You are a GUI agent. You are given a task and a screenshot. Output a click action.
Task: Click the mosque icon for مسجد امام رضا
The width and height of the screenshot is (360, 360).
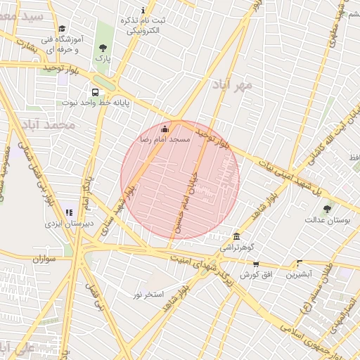pos(165,129)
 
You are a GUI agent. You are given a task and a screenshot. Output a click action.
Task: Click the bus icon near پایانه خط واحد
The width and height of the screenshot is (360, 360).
pos(95,92)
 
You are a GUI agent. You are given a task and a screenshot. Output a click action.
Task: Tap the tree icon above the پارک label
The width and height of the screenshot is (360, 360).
pos(103,48)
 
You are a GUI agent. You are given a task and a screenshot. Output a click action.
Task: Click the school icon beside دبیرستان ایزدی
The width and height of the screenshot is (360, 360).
pos(69,212)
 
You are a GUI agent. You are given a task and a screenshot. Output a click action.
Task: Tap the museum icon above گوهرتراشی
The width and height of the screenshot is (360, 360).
pos(236,236)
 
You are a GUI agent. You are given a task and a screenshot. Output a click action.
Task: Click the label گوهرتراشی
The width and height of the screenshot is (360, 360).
pos(239,247)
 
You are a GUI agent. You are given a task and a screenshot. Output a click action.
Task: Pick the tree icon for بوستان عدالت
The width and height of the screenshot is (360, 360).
pos(327,209)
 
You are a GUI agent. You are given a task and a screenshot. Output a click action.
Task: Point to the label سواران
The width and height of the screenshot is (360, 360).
pos(43,259)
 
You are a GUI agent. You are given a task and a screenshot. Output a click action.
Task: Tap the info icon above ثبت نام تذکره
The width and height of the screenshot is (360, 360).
pos(144,10)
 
